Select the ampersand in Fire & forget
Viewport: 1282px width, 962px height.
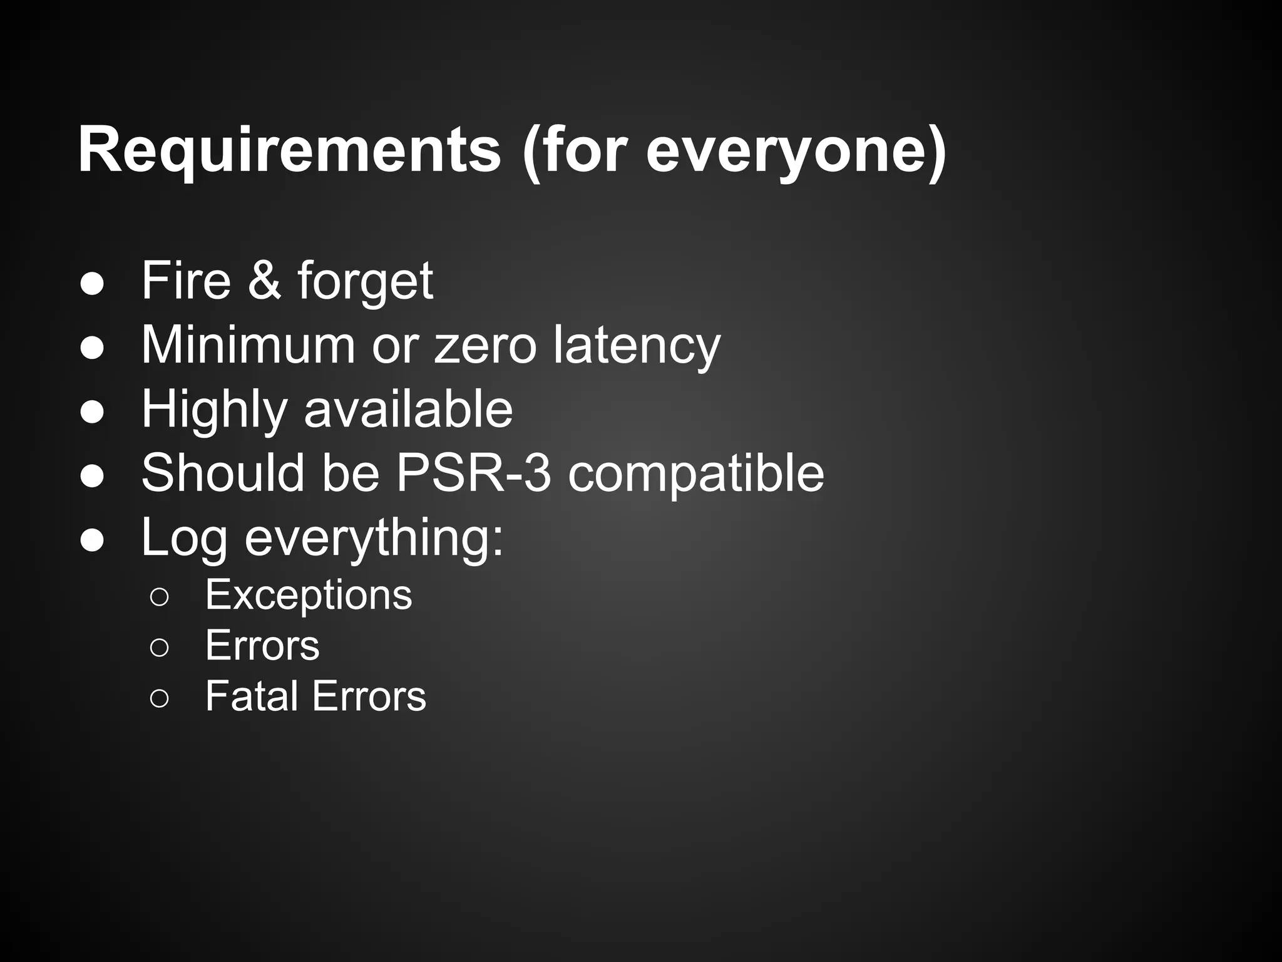(x=264, y=280)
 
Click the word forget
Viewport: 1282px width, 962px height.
(x=365, y=281)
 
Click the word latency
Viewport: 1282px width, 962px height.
(x=637, y=346)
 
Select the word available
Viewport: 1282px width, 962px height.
(x=408, y=408)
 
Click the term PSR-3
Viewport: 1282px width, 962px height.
(x=474, y=472)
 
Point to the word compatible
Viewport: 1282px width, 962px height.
(x=696, y=473)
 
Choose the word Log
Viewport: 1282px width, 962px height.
(x=184, y=537)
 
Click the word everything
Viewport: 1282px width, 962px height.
(x=373, y=537)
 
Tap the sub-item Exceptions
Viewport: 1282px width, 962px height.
(x=309, y=594)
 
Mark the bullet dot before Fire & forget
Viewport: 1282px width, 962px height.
(x=92, y=284)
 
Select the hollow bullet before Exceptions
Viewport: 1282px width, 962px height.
(x=159, y=597)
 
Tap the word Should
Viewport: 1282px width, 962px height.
(x=223, y=472)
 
